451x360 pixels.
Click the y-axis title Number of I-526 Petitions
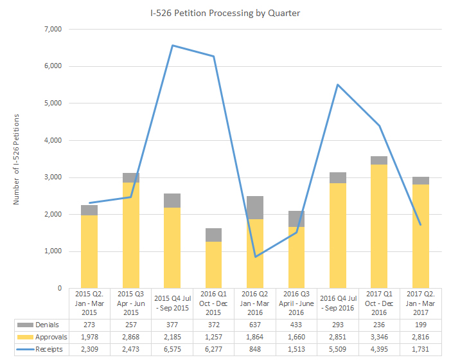17,159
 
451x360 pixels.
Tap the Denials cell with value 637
254,324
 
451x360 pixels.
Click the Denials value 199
420,324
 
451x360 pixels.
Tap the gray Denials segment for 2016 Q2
254,208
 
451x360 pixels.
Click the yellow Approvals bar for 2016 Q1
213,265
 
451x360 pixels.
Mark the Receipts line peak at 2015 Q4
172,45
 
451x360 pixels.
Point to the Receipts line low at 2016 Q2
254,256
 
